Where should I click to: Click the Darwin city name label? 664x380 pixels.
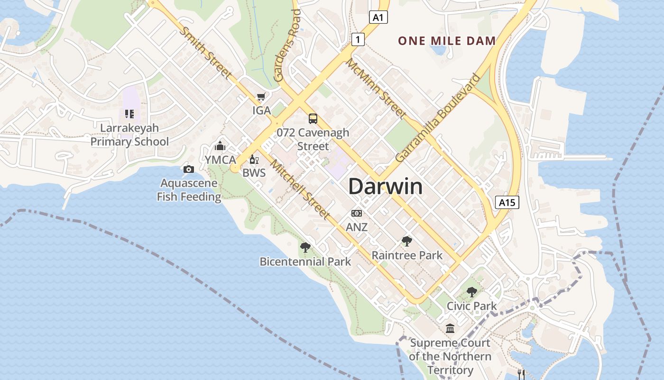coord(385,187)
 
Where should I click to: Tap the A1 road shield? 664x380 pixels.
coord(378,18)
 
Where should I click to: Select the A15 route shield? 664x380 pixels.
coord(507,203)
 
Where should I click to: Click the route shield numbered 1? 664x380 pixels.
coord(358,39)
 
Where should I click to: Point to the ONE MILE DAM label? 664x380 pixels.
coord(447,41)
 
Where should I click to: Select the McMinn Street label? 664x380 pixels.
coord(376,88)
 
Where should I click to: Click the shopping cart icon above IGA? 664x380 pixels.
coord(261,97)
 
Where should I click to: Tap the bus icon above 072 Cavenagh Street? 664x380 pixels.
coord(313,119)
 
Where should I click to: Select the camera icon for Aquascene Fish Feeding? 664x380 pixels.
coord(188,170)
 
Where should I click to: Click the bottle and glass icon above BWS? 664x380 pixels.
coord(254,160)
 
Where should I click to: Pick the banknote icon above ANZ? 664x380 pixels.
coord(357,214)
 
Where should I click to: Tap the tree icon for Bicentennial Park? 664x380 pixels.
coord(305,247)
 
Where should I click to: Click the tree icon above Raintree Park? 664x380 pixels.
coord(406,241)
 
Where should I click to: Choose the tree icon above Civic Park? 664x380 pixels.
coord(471,292)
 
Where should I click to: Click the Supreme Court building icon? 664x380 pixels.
coord(450,329)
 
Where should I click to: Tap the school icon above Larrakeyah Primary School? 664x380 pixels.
coord(129,114)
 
